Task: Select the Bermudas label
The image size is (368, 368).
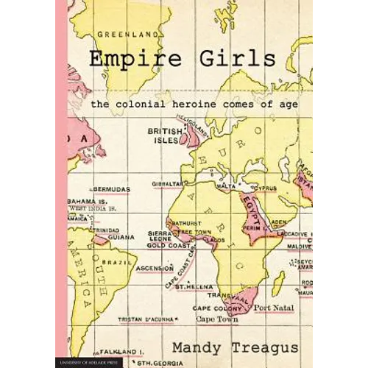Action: (109, 189)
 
